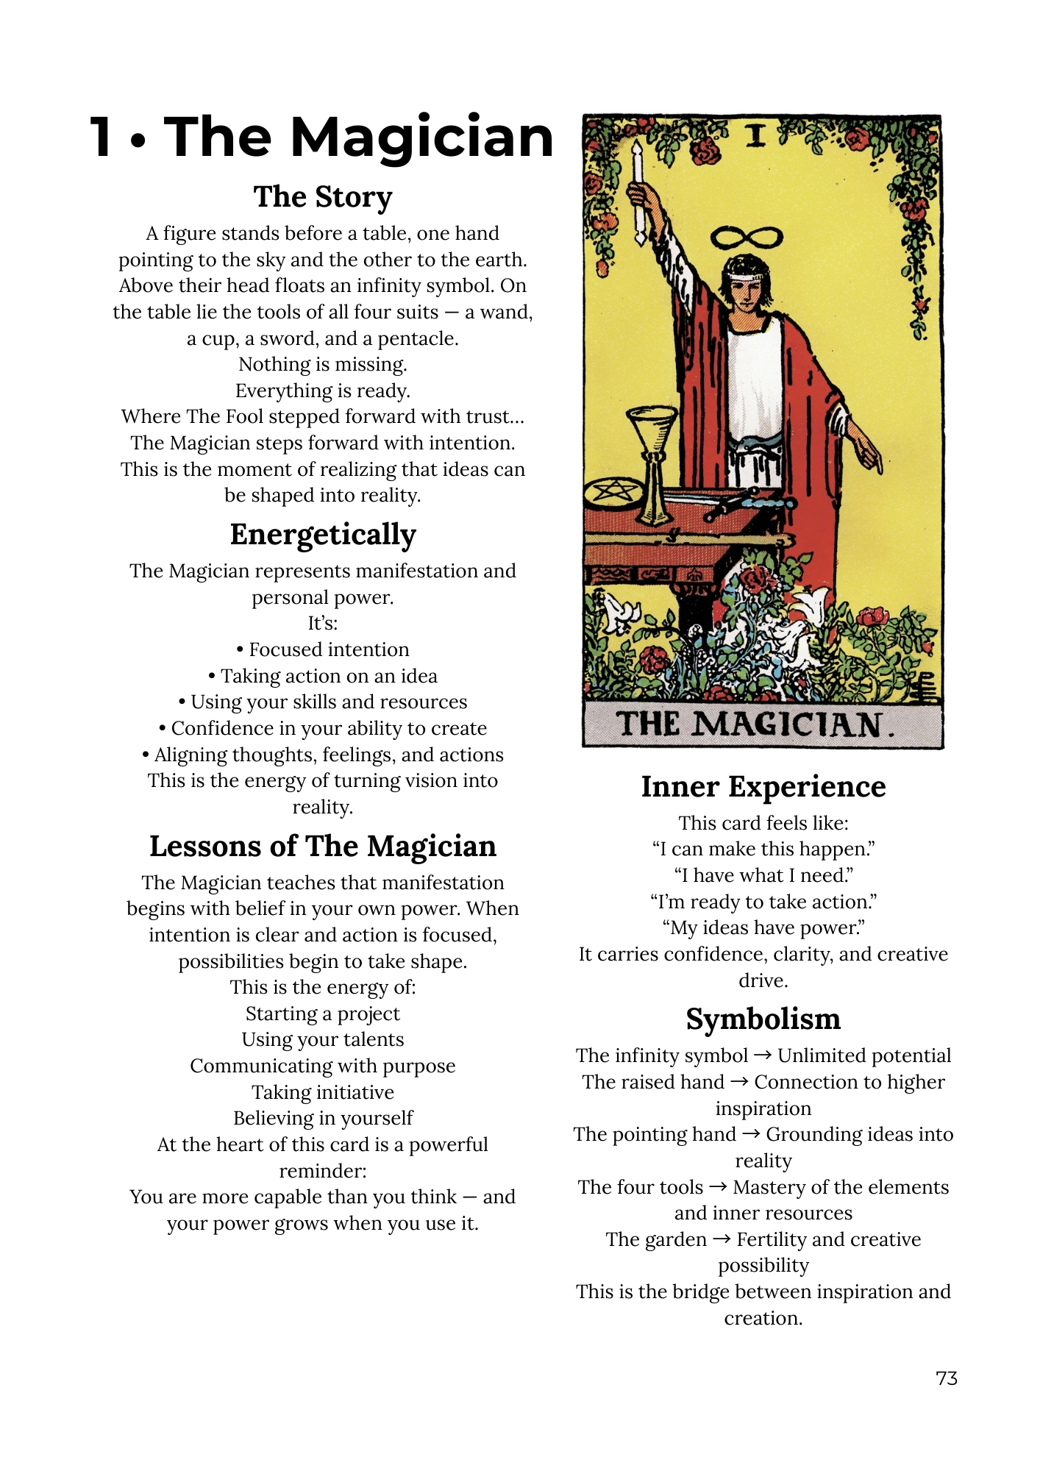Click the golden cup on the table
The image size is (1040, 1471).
point(652,434)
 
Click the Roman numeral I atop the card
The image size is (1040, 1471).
point(756,136)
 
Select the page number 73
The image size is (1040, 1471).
point(947,1378)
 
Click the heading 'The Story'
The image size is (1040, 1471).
point(323,197)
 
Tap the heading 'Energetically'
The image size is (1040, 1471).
point(323,535)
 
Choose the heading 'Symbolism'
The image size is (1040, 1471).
point(763,1019)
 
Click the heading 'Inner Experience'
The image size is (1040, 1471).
point(763,787)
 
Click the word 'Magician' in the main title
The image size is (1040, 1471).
point(422,138)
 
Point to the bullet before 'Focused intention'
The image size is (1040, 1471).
point(241,650)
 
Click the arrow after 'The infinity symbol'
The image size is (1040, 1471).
point(763,1055)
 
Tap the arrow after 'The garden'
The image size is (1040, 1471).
point(722,1239)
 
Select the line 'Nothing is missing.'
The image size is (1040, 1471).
point(323,365)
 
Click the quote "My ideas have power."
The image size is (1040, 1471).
point(763,928)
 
